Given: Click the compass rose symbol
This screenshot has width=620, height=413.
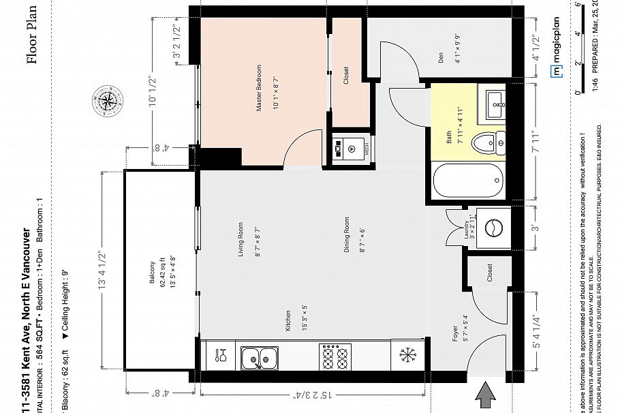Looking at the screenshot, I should point(106,100).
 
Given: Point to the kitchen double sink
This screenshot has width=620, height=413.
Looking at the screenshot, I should point(259,356).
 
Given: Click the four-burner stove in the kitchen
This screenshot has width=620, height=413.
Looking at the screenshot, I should point(334,356).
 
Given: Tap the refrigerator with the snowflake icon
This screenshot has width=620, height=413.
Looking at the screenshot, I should point(407,356).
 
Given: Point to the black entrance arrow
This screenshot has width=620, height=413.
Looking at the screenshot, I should point(486,395).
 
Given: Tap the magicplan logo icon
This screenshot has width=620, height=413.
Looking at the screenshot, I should point(556,69).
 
